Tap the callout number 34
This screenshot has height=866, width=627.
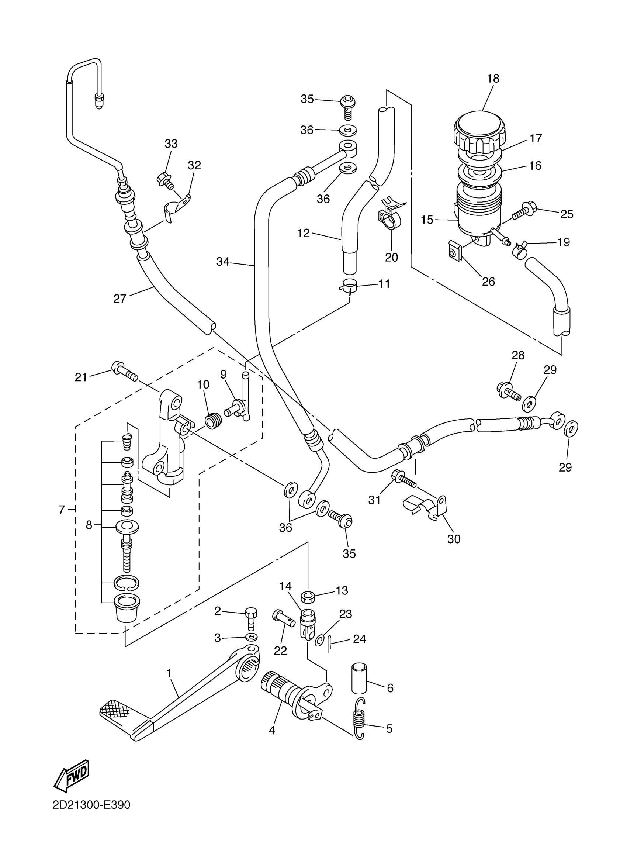pos(223,262)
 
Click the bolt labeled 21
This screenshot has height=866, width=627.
pos(125,370)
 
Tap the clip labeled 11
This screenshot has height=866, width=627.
pos(348,286)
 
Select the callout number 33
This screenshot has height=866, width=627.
pos(172,144)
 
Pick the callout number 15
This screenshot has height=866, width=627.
pos(427,220)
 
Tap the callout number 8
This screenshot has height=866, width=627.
pos(89,525)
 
